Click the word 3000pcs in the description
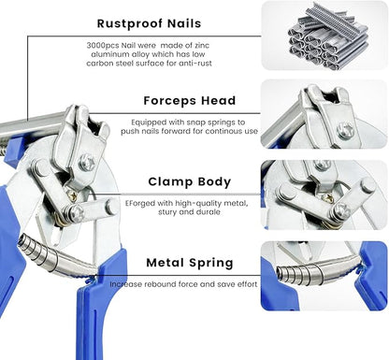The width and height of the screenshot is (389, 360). click(99, 44)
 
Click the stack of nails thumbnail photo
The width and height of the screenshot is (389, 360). click(323, 37)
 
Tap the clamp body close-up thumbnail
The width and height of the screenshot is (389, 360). click(323, 194)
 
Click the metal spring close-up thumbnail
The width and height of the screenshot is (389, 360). click(323, 276)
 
